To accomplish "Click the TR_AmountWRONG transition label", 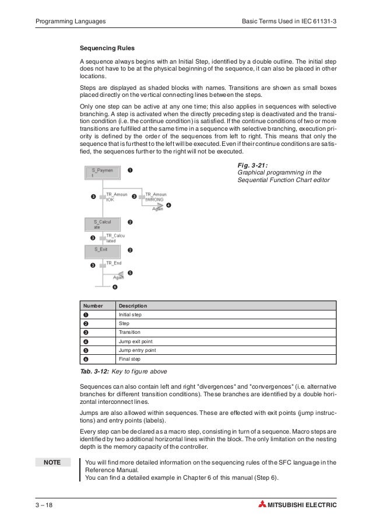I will [x=156, y=197].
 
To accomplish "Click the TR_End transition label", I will [x=113, y=263].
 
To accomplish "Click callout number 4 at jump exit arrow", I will [x=169, y=205].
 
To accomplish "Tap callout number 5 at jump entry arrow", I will [x=130, y=273].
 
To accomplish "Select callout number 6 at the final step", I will [x=115, y=287].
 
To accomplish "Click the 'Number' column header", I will [x=93, y=306].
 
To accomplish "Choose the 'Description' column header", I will [x=133, y=306].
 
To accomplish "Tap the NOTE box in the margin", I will [x=52, y=463].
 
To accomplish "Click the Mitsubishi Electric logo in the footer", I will [x=298, y=504].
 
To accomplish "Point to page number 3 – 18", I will [x=46, y=504].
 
